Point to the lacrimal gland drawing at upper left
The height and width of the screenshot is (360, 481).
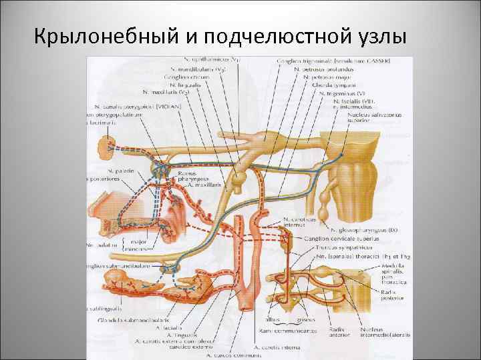[108, 144]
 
